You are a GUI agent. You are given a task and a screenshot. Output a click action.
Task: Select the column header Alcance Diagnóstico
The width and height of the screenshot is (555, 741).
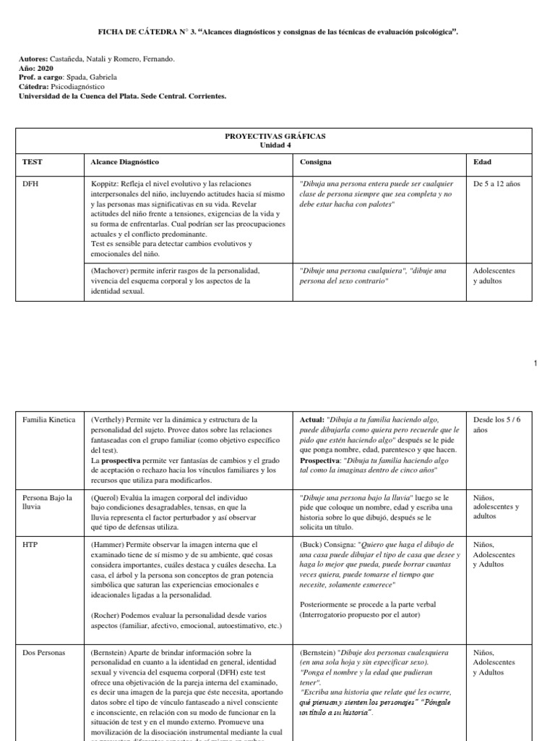[124, 162]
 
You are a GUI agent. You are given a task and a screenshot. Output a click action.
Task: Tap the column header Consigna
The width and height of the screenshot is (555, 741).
[316, 162]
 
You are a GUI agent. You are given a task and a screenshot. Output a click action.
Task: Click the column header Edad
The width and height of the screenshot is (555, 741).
[481, 162]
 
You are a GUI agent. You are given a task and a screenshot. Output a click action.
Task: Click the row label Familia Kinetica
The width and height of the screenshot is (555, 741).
[48, 420]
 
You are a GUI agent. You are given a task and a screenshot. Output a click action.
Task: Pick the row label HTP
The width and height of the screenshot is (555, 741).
[30, 544]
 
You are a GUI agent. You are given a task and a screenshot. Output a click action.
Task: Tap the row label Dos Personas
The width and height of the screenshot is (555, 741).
[44, 653]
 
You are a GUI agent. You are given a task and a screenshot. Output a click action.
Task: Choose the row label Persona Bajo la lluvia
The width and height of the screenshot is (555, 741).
[48, 502]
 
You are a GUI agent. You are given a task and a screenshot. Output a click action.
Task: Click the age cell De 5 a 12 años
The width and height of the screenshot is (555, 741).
[496, 184]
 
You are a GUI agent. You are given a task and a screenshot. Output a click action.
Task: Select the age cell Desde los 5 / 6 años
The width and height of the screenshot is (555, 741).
[496, 424]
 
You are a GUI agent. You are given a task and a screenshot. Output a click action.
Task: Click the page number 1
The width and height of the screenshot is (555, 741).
[535, 363]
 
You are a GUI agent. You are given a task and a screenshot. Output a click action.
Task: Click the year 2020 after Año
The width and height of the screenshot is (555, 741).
[45, 68]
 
